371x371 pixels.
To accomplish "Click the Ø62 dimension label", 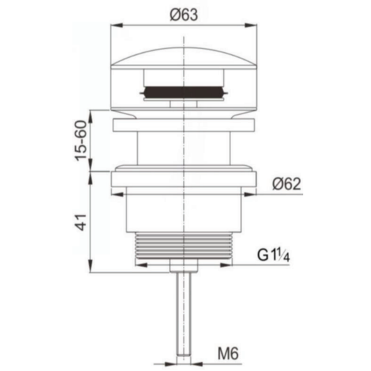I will pyautogui.click(x=285, y=184).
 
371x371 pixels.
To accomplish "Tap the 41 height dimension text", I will pyautogui.click(x=79, y=222).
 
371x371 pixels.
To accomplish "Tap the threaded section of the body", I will pyautogui.click(x=182, y=246).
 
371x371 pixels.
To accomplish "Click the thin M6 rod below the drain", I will pyautogui.click(x=182, y=313).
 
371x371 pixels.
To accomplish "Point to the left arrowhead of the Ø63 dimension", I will pyautogui.click(x=116, y=26).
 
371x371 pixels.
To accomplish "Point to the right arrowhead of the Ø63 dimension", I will pyautogui.click(x=248, y=26).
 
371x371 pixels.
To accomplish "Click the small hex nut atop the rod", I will pyautogui.click(x=182, y=267).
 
